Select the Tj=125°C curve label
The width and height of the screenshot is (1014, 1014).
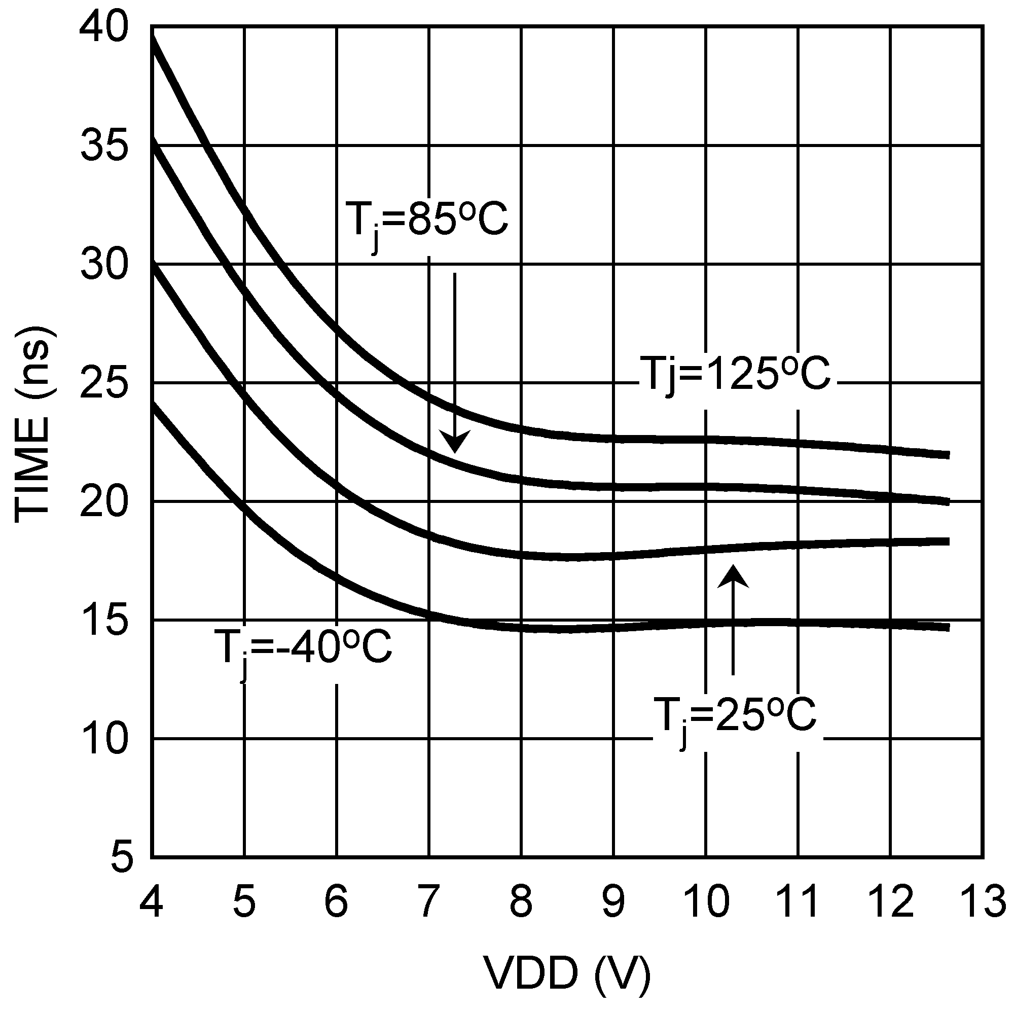[735, 375]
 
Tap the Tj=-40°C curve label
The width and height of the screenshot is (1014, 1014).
[303, 649]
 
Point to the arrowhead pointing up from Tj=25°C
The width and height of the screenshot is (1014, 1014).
[733, 576]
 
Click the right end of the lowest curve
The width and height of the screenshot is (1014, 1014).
[948, 627]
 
